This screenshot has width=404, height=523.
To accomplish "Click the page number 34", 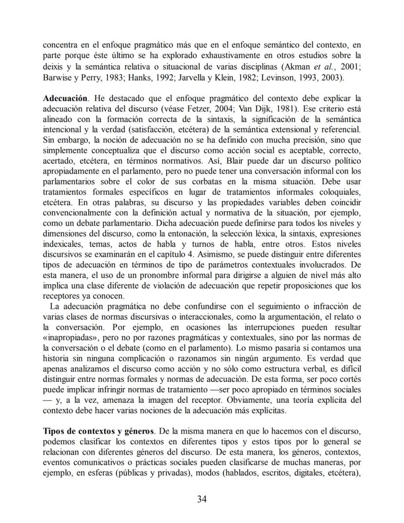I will pos(202,499).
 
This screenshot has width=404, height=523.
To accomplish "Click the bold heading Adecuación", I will pos(65,98).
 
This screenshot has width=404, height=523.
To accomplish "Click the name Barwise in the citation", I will pos(58,77).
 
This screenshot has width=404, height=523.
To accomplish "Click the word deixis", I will pos(53,67).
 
